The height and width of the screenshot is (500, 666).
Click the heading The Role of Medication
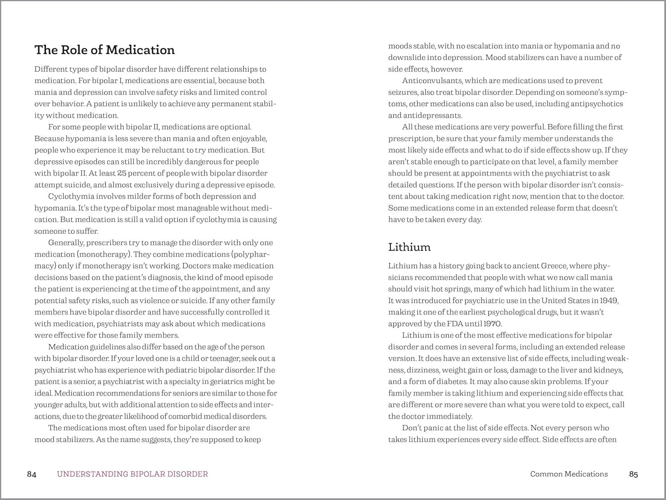coord(105,50)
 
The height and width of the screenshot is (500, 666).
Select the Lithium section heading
coord(409,247)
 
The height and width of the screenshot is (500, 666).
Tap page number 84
coord(32,474)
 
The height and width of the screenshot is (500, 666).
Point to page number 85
coord(633,474)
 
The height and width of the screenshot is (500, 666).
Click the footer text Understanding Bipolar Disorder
coord(132,474)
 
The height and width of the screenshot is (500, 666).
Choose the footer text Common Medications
coord(569,474)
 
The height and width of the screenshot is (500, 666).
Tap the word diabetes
coord(448,381)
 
